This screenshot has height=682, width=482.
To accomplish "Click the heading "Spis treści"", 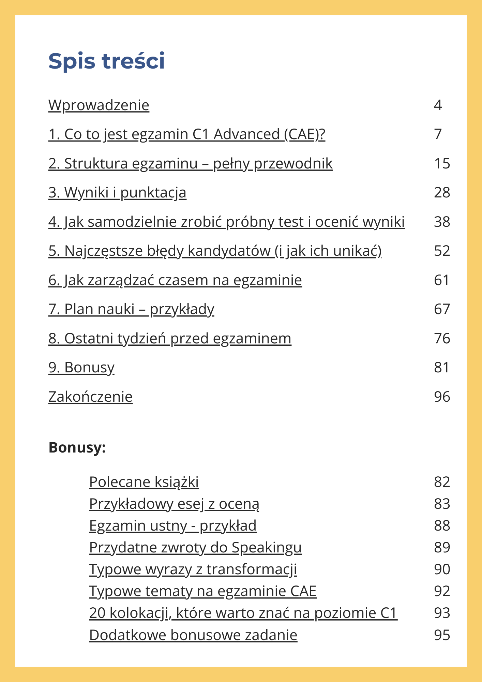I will [106, 61].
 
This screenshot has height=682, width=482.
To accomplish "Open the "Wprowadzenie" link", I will [99, 105].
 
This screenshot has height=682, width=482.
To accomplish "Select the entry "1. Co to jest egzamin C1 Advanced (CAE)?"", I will [186, 134].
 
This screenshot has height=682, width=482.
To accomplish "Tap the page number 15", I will [442, 164].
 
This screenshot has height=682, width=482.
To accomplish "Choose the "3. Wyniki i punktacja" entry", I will [117, 193].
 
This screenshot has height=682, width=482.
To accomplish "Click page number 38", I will [442, 222].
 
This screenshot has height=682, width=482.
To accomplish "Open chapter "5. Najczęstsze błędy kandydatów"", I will [215, 251].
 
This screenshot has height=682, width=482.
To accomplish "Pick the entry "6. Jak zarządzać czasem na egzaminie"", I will [175, 280].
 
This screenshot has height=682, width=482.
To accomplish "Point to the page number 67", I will [442, 309].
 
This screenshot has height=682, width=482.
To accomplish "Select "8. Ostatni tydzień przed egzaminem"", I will [170, 339].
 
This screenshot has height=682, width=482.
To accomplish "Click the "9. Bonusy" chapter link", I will [81, 368].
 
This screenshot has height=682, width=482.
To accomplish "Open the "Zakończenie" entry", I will [90, 397].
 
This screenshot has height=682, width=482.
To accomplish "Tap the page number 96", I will [442, 397].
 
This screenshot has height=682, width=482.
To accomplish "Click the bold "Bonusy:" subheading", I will [77, 447].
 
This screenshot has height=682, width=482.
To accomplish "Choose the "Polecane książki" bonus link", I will [144, 482].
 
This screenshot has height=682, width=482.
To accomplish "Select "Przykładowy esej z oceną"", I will [174, 504].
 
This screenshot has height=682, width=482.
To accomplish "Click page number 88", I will [442, 526].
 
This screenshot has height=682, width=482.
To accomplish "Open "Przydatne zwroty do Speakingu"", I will [195, 548].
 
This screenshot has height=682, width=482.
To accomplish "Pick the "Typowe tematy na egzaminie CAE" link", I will [202, 591].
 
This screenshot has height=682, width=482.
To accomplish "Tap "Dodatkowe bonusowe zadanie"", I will [193, 635].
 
